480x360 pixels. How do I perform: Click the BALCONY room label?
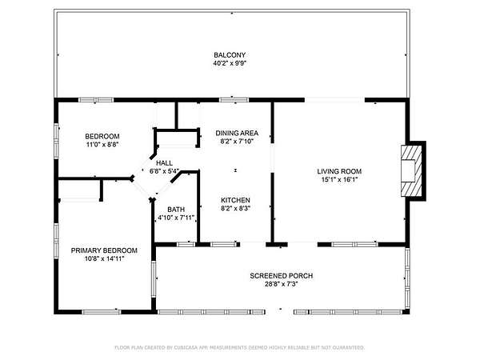tap(230, 55)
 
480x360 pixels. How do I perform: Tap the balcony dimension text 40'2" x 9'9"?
tap(230, 64)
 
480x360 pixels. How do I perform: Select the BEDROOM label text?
tap(102, 136)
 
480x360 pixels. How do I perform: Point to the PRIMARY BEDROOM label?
tap(104, 250)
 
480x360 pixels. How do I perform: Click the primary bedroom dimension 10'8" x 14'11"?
tap(104, 259)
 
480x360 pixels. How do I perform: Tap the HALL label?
tap(164, 163)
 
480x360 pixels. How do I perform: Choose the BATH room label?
tap(176, 210)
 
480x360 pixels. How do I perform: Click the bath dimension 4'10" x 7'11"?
tap(176, 218)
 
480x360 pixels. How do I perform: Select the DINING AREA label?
tap(237, 133)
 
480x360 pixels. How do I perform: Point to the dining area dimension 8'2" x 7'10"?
tap(237, 142)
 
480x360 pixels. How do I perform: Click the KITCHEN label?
tap(235, 200)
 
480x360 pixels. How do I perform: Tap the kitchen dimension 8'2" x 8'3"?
tap(235, 209)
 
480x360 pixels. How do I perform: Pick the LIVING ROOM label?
tap(339, 171)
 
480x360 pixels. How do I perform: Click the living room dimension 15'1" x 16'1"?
tap(339, 180)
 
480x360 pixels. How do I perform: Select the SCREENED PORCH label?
tap(282, 276)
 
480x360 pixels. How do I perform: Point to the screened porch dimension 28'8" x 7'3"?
tap(282, 284)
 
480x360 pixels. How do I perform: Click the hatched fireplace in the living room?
tap(412, 171)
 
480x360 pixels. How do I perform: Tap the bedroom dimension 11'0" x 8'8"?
tap(102, 145)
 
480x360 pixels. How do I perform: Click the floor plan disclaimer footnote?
tap(240, 347)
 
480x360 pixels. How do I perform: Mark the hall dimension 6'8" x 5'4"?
tap(164, 171)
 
